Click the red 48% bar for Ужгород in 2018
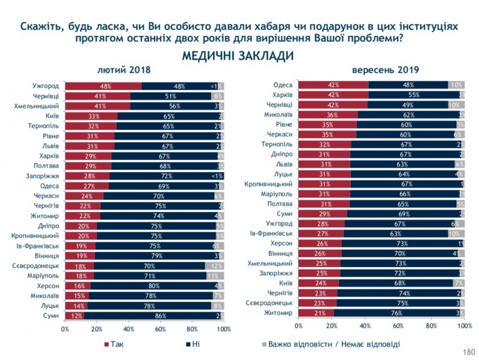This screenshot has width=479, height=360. (x=103, y=86)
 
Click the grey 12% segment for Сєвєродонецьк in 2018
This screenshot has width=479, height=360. (x=214, y=265)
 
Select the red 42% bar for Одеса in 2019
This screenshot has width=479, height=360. (x=334, y=84)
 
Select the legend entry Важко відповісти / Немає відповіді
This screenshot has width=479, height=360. (x=329, y=344)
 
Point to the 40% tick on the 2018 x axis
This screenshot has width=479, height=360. (x=128, y=329)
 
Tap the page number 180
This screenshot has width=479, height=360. (x=467, y=352)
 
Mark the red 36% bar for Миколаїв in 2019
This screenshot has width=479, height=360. (x=328, y=114)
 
